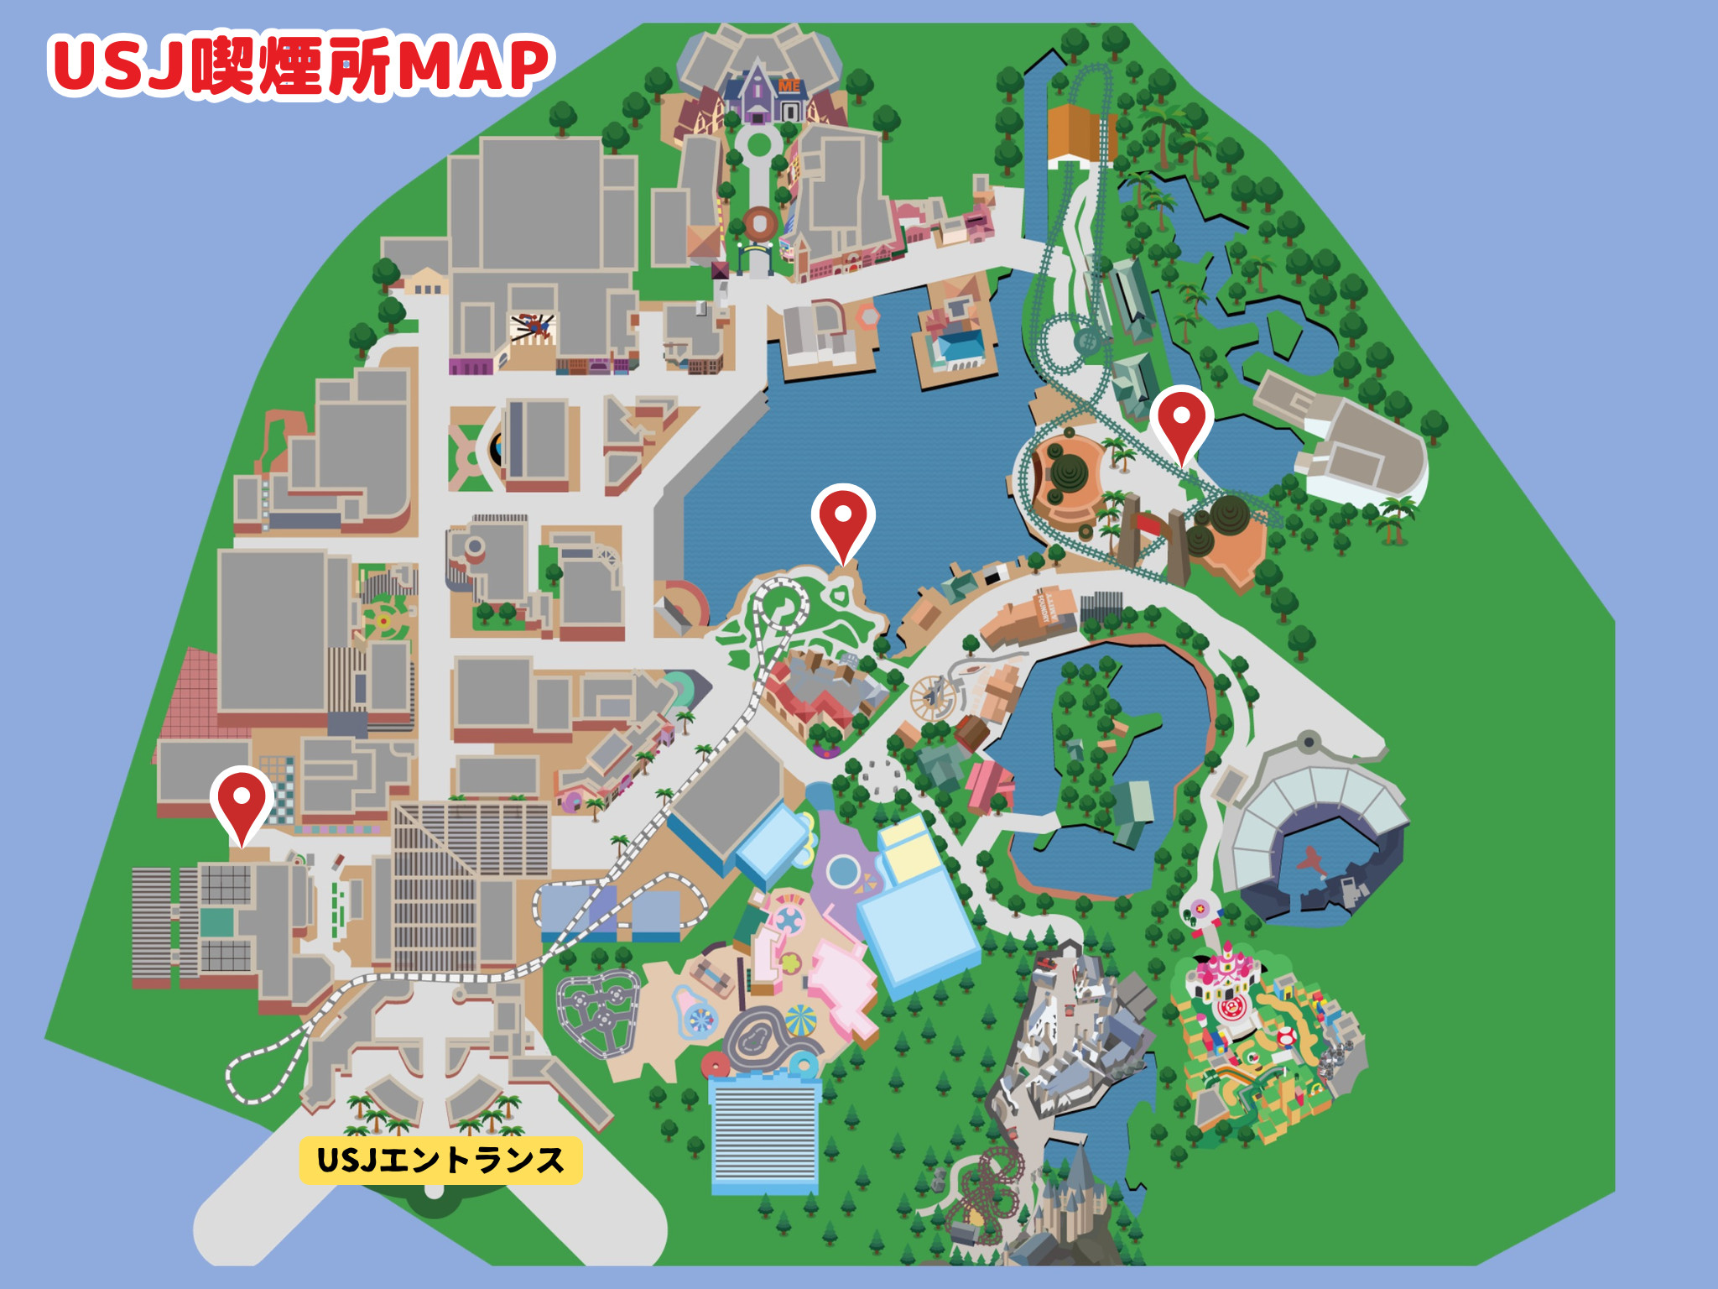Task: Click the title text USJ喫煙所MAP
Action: tap(300, 65)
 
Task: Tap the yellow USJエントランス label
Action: tap(440, 1160)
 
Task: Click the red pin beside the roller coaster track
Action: tap(1181, 420)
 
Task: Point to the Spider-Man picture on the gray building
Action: tap(533, 326)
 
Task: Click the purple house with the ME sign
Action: tap(760, 97)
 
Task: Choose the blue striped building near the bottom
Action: tap(764, 1133)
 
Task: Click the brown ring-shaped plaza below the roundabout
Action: tap(760, 223)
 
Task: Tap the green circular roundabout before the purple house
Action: tap(758, 144)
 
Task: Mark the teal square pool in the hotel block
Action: tap(216, 922)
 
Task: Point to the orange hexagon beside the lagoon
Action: tap(867, 316)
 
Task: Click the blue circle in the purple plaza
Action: tap(842, 872)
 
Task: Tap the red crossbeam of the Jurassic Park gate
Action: tap(1154, 524)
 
